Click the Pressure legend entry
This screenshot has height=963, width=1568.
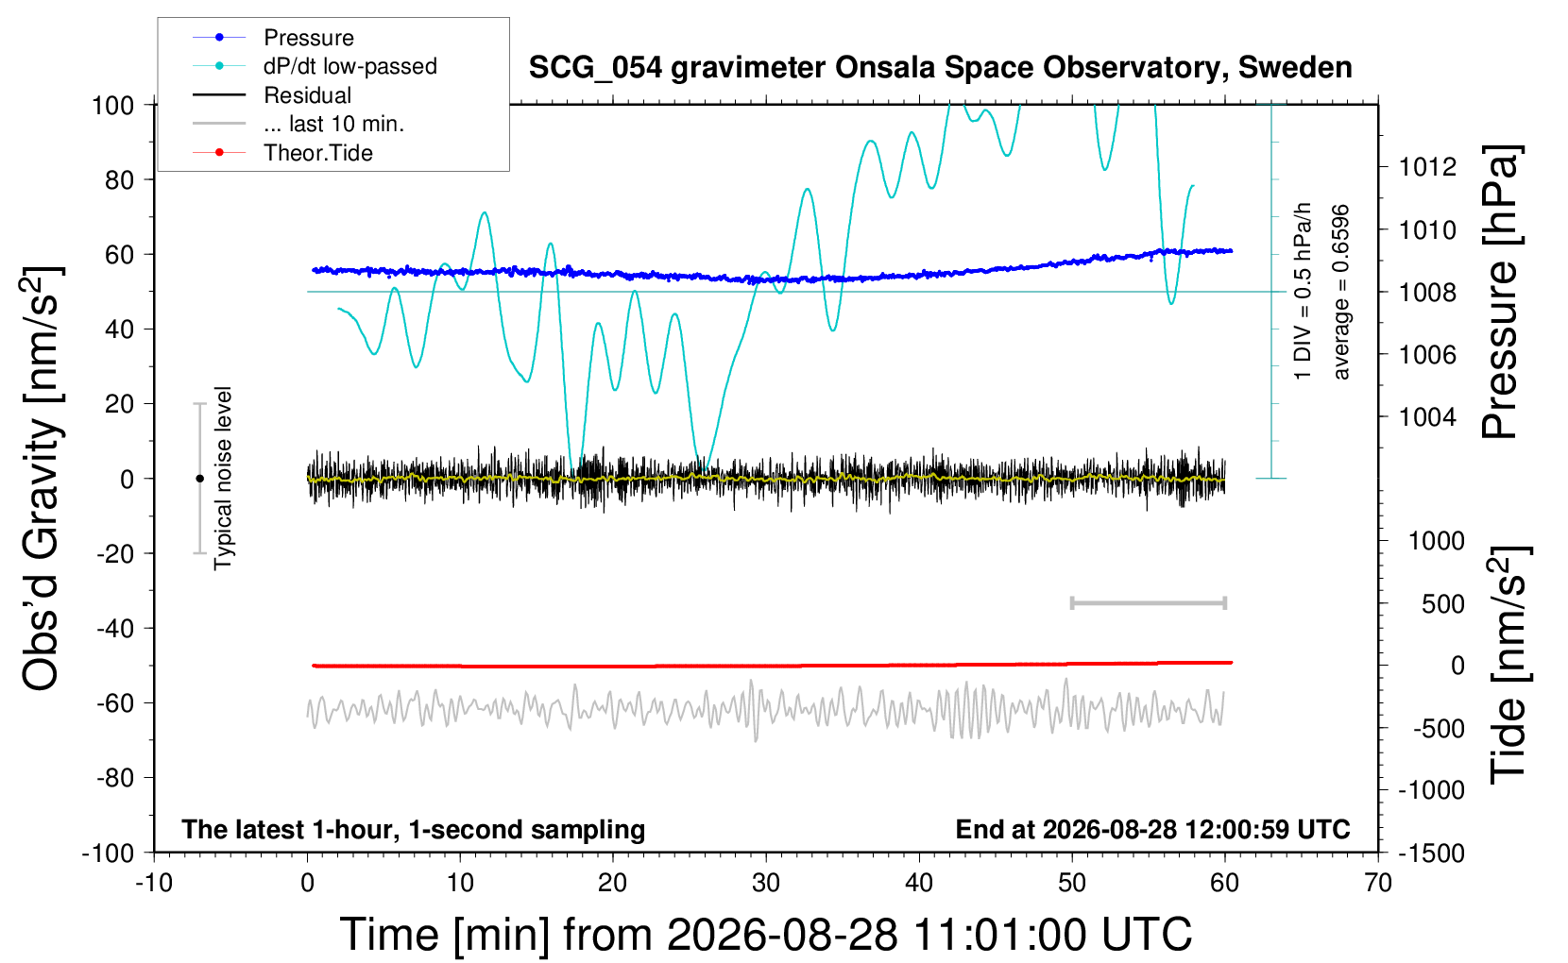[x=273, y=37]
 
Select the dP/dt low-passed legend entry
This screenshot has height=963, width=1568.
[x=315, y=66]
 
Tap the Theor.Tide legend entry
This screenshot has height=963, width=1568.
[x=282, y=153]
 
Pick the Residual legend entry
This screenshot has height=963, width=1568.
[x=272, y=94]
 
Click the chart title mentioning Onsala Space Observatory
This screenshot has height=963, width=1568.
[x=940, y=68]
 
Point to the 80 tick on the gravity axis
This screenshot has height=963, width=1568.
[x=119, y=180]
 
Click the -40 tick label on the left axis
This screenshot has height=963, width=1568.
[x=114, y=629]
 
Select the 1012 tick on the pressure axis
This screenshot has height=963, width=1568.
[x=1427, y=167]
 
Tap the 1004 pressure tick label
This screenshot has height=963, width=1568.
[x=1427, y=417]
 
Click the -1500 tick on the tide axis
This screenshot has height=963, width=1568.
[x=1431, y=853]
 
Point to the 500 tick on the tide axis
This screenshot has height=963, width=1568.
[x=1442, y=604]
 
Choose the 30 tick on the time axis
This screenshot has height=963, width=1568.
[x=766, y=883]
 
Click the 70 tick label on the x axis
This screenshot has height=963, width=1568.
[x=1377, y=883]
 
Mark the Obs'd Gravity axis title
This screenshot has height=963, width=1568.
[x=42, y=479]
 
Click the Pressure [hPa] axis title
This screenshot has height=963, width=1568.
[x=1502, y=292]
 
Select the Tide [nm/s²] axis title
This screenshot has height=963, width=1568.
[x=1509, y=666]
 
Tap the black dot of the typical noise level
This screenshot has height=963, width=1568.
[x=199, y=479]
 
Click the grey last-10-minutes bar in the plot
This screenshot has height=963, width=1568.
[x=1148, y=602]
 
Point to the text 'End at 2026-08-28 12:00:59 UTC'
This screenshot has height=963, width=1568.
[x=1153, y=829]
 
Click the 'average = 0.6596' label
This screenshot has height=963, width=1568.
[x=1339, y=292]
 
